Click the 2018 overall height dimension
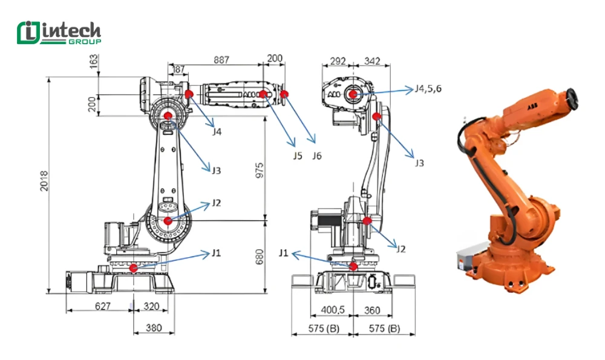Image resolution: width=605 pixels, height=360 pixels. [x=44, y=181]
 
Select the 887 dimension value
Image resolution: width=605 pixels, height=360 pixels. [x=221, y=59]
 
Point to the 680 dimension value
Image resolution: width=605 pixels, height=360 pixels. [x=259, y=257]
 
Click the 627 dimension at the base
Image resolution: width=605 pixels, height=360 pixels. [x=102, y=307]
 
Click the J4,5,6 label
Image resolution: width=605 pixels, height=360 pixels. [x=428, y=88]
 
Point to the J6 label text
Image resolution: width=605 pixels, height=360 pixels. [x=316, y=156]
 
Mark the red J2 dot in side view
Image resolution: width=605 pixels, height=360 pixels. [x=168, y=221]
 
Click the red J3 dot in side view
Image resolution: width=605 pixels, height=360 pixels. [x=168, y=115]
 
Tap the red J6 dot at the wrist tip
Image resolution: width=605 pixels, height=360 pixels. [x=285, y=94]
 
